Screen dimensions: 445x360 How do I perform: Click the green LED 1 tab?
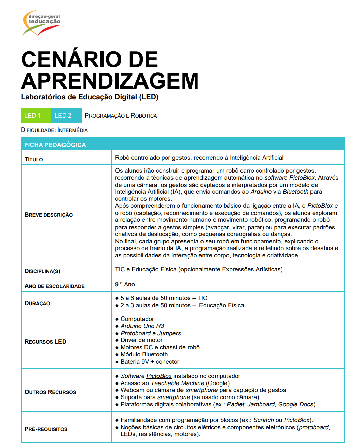pyautogui.click(x=36, y=116)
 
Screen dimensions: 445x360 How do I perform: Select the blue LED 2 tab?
pyautogui.click(x=66, y=116)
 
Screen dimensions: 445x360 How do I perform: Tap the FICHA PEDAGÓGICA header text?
pyautogui.click(x=55, y=145)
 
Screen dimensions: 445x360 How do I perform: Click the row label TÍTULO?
pyautogui.click(x=34, y=159)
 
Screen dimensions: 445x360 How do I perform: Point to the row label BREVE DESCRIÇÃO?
pyautogui.click(x=49, y=215)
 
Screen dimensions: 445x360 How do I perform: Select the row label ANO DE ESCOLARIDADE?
pyautogui.click(x=55, y=286)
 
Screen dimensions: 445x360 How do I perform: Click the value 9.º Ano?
pyautogui.click(x=125, y=284)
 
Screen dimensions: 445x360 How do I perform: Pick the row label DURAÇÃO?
pyautogui.click(x=38, y=303)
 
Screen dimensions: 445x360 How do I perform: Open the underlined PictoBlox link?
pyautogui.click(x=159, y=376)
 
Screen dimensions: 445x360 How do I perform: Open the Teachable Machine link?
pyautogui.click(x=177, y=383)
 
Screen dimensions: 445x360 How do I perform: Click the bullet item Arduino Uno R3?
pyautogui.click(x=142, y=326)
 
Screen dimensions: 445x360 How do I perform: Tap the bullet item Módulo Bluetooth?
pyautogui.click(x=144, y=354)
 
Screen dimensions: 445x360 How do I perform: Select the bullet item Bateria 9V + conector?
pyautogui.click(x=150, y=362)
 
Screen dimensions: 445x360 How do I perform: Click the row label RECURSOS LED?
pyautogui.click(x=45, y=342)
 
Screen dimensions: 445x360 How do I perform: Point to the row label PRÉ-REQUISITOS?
pyautogui.click(x=46, y=429)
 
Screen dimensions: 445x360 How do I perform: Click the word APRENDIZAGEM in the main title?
pyautogui.click(x=110, y=81)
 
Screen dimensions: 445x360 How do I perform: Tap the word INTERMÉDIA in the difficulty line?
pyautogui.click(x=72, y=130)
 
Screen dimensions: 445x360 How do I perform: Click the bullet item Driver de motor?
pyautogui.click(x=141, y=340)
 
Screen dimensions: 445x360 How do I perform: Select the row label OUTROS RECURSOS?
pyautogui.click(x=51, y=392)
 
